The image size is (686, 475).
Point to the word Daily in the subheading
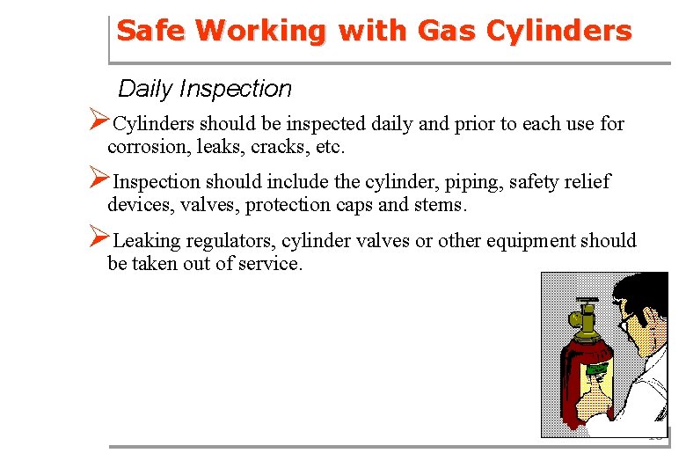(x=145, y=89)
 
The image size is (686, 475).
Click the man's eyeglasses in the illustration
(x=625, y=321)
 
